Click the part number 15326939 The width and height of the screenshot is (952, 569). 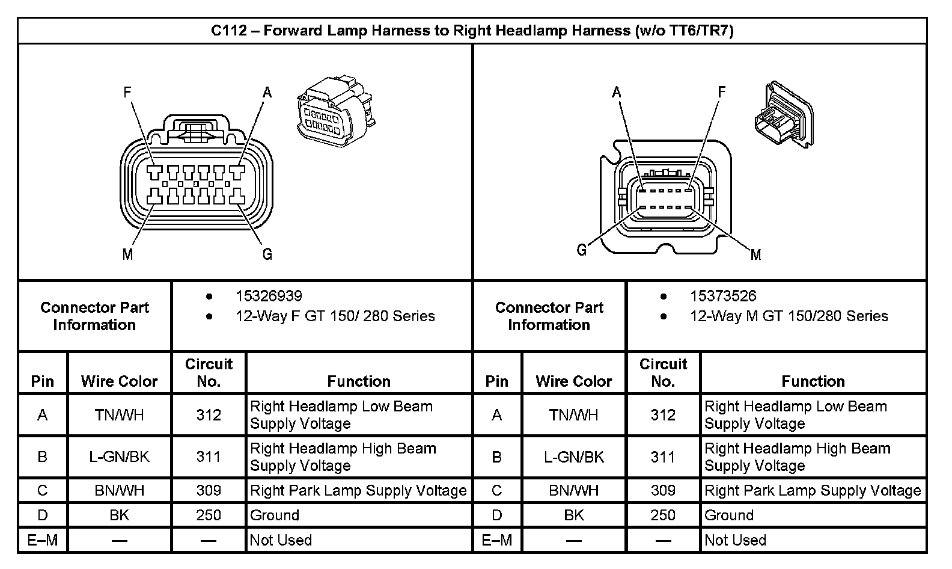tap(269, 296)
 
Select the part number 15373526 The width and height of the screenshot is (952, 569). tap(723, 296)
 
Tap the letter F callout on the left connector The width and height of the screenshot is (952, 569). tap(127, 92)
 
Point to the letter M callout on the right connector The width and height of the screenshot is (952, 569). tap(756, 255)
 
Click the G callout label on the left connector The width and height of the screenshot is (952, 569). tap(267, 254)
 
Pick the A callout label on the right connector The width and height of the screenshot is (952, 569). tap(617, 92)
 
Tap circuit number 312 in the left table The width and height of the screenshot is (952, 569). tap(209, 415)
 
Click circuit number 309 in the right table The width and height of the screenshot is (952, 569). tap(663, 491)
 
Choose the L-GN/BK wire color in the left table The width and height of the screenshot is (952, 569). tap(119, 457)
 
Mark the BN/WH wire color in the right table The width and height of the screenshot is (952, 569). tap(573, 491)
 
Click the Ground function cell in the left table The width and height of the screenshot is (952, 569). tap(275, 515)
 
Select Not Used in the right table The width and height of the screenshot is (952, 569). tap(735, 540)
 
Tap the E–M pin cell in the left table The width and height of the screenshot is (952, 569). tap(43, 540)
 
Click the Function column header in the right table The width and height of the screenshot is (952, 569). tap(813, 381)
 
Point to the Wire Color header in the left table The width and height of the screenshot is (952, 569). tap(119, 381)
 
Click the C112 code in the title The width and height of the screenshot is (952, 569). tap(228, 31)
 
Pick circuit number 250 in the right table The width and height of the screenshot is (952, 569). tap(663, 515)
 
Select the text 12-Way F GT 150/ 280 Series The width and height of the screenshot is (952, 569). tap(335, 316)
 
